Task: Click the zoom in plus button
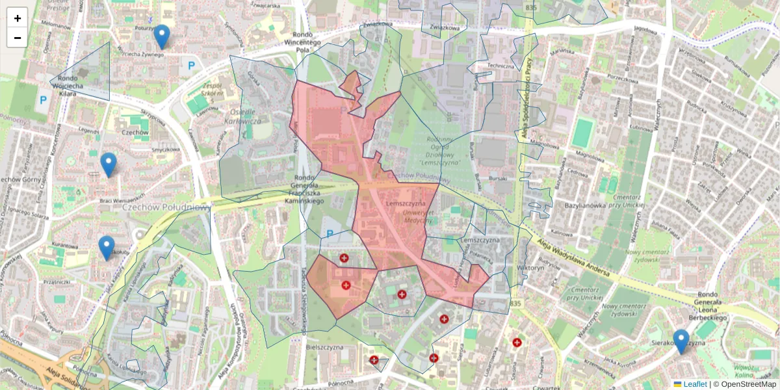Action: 17,18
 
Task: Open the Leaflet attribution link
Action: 694,384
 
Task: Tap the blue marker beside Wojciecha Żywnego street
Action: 161,36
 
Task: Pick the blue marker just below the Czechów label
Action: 109,164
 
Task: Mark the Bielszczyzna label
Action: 324,348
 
